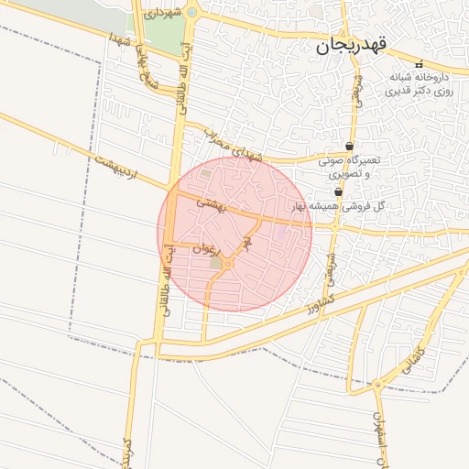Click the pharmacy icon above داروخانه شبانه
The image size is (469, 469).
click(420, 64)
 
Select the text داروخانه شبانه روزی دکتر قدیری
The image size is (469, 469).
click(420, 85)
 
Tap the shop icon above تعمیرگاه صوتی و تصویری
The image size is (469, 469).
click(350, 147)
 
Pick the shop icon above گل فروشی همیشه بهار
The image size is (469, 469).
click(340, 191)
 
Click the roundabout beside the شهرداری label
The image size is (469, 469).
click(191, 12)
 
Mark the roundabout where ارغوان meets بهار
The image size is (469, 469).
click(227, 264)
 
